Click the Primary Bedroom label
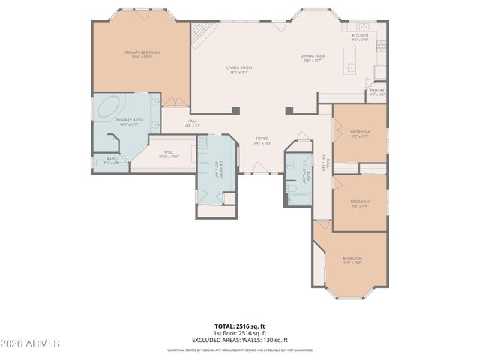pyautogui.click(x=141, y=54)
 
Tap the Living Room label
pyautogui.click(x=239, y=69)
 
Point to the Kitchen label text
pyautogui.click(x=360, y=36)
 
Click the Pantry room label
pyautogui.click(x=377, y=93)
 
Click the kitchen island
pyautogui.click(x=350, y=61)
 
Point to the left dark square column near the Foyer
pyautogui.click(x=235, y=110)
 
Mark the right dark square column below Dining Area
pyautogui.click(x=289, y=110)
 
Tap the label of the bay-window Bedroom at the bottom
pyautogui.click(x=352, y=259)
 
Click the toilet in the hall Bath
pyautogui.click(x=292, y=190)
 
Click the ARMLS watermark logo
pyautogui.click(x=31, y=343)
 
